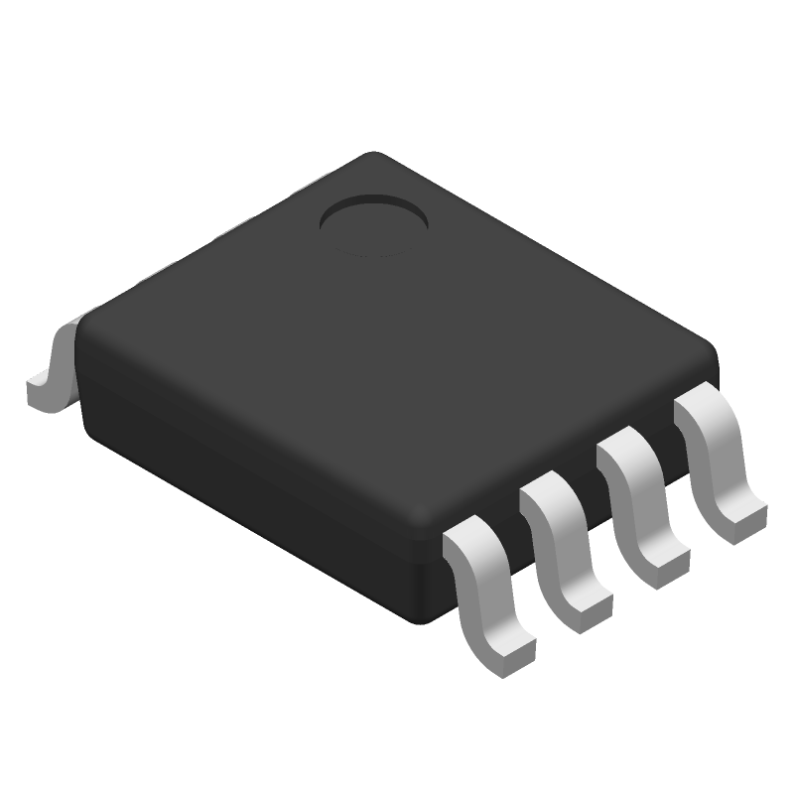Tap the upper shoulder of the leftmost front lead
[468, 545]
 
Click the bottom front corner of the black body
[429, 615]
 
